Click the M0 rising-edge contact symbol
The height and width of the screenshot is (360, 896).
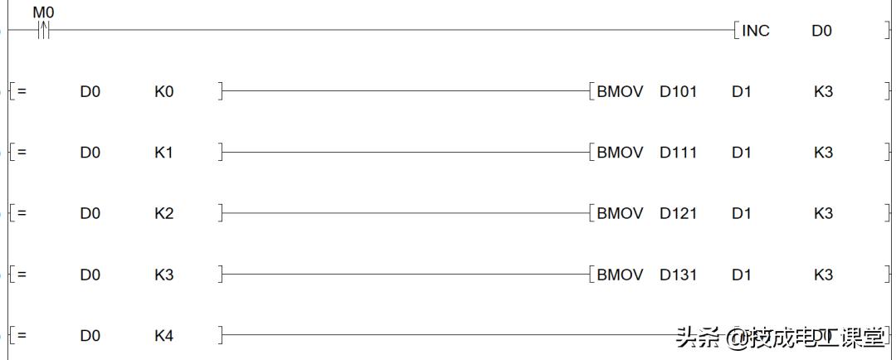point(44,30)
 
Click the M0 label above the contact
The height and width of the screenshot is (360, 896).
point(44,11)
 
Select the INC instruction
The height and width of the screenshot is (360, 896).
point(756,31)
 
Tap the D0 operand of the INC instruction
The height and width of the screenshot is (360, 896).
point(821,31)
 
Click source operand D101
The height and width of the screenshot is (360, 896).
point(679,91)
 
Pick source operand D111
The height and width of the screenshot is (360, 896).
point(679,153)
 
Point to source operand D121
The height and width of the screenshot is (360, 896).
point(679,214)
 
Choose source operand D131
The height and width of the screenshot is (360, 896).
point(679,275)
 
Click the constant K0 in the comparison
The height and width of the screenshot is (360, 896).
point(164,91)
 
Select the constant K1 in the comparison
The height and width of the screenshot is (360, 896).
point(164,153)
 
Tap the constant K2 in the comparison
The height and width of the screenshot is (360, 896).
point(164,214)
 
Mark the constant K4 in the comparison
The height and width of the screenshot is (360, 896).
point(164,336)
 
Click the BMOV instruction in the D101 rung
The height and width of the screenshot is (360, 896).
point(620,91)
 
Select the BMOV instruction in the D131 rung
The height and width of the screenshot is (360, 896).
point(620,275)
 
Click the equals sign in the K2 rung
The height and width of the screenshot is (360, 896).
point(22,214)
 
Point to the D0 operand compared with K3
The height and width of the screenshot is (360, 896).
point(90,275)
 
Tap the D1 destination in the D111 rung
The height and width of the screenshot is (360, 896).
point(741,153)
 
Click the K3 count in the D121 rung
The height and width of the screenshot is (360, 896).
point(824,214)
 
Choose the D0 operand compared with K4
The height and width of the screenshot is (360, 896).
point(90,336)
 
